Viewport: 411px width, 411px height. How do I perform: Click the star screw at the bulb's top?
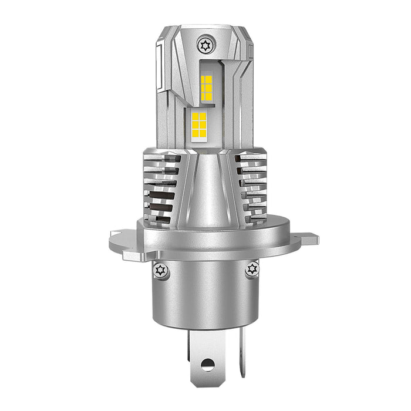[205, 44]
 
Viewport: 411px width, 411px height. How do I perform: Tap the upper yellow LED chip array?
[206, 88]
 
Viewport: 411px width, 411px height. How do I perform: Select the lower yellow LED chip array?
[199, 125]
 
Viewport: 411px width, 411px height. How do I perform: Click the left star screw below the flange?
[160, 269]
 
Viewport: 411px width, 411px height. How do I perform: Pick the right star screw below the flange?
[252, 269]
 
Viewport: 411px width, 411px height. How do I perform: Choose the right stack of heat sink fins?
[253, 188]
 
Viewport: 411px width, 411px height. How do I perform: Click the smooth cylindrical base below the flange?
[206, 294]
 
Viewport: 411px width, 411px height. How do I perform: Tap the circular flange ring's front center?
[206, 241]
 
